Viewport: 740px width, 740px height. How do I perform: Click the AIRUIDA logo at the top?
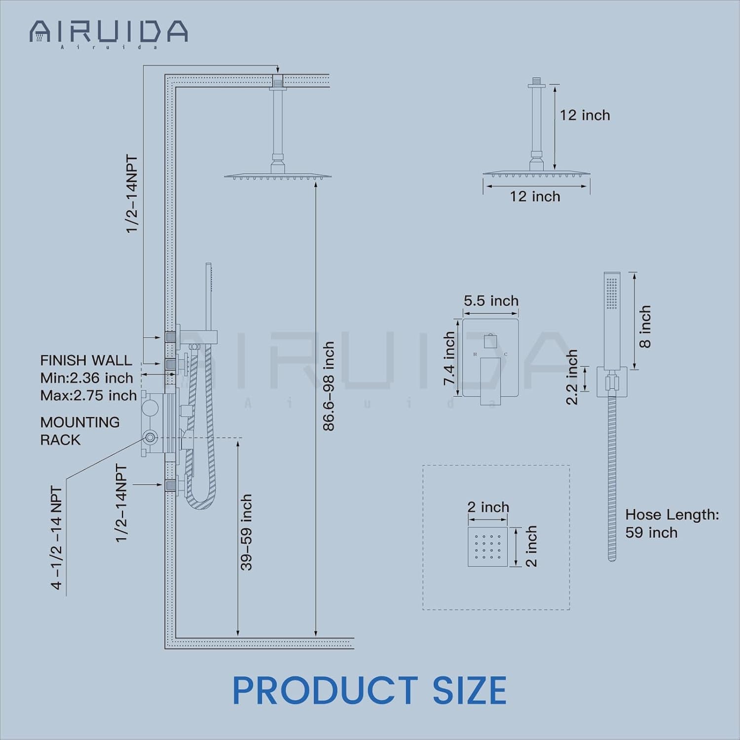click(109, 33)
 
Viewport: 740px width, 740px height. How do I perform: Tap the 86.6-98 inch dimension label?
click(329, 386)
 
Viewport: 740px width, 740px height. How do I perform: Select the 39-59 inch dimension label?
click(246, 532)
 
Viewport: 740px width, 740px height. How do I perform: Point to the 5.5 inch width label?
click(491, 300)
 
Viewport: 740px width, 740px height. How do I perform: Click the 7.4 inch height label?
click(449, 359)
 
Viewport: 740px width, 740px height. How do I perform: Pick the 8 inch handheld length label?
click(645, 327)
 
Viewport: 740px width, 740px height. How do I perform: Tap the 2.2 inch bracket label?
click(571, 377)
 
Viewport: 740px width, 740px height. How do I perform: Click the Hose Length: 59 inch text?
click(672, 523)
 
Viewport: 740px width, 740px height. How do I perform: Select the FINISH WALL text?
click(86, 360)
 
